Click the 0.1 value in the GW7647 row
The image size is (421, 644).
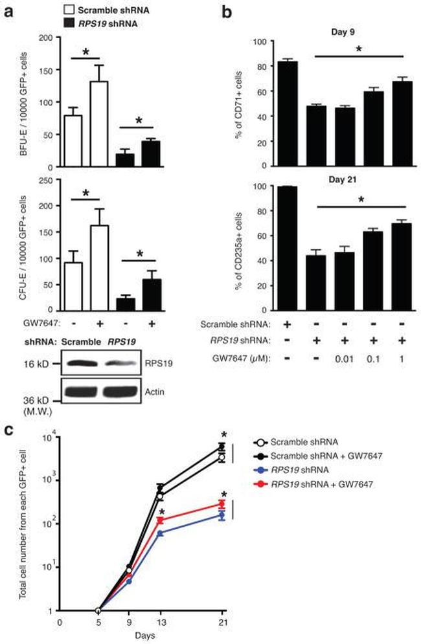(368, 355)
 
